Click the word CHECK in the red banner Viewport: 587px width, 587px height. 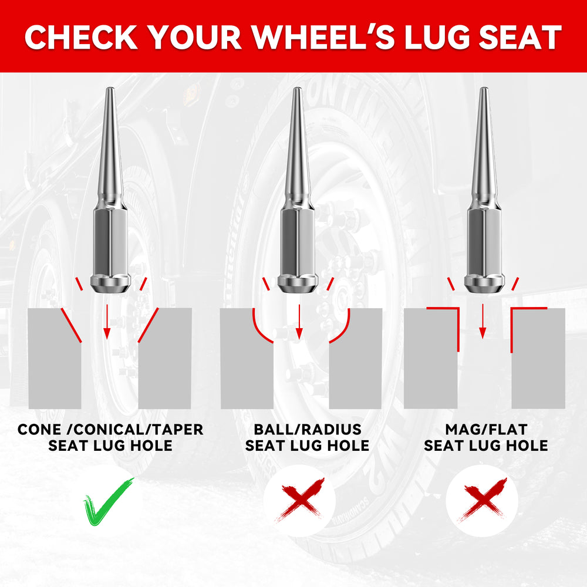point(81,38)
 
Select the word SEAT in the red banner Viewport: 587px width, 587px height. point(520,38)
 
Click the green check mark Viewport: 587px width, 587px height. point(108,502)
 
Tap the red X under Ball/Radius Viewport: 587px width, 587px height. point(299,500)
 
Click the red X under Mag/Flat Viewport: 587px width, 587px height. point(482,500)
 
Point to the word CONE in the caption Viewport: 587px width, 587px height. point(39,430)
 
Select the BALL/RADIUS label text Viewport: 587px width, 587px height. point(308,430)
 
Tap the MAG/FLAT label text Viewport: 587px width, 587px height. point(486,430)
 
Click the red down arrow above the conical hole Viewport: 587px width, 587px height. point(107,322)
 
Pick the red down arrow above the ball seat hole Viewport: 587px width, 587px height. point(299,322)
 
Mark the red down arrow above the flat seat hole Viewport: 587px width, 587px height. point(483,321)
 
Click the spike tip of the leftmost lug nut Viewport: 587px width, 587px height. point(110,89)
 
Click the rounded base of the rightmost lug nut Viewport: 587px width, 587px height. point(484,285)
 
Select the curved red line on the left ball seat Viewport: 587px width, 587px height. point(259,329)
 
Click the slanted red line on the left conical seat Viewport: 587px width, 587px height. point(71,325)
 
